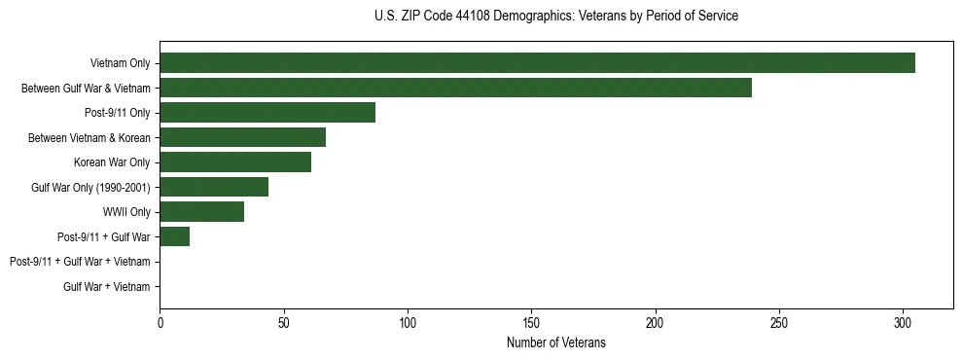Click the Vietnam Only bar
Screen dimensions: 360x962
(x=537, y=63)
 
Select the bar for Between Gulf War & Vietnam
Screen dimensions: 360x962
(x=455, y=89)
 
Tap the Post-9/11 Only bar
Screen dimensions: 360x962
(x=267, y=113)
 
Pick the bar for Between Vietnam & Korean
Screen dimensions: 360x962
(x=242, y=137)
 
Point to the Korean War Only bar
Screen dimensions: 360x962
(x=235, y=162)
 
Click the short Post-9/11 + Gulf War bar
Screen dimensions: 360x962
(x=174, y=236)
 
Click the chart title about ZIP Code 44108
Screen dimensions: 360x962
(x=556, y=17)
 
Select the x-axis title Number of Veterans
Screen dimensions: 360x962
(x=556, y=342)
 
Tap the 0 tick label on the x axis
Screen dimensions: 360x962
(x=160, y=322)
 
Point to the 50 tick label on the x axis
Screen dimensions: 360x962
(x=283, y=322)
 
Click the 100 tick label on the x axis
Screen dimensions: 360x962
(x=408, y=322)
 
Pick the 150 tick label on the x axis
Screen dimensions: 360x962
(x=531, y=322)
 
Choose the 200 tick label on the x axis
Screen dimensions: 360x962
(x=656, y=322)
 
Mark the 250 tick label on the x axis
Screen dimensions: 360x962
(x=779, y=322)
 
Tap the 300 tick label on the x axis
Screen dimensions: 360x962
(x=903, y=322)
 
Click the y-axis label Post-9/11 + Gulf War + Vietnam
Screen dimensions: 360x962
(x=80, y=262)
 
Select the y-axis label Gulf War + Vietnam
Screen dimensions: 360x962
(x=107, y=286)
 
